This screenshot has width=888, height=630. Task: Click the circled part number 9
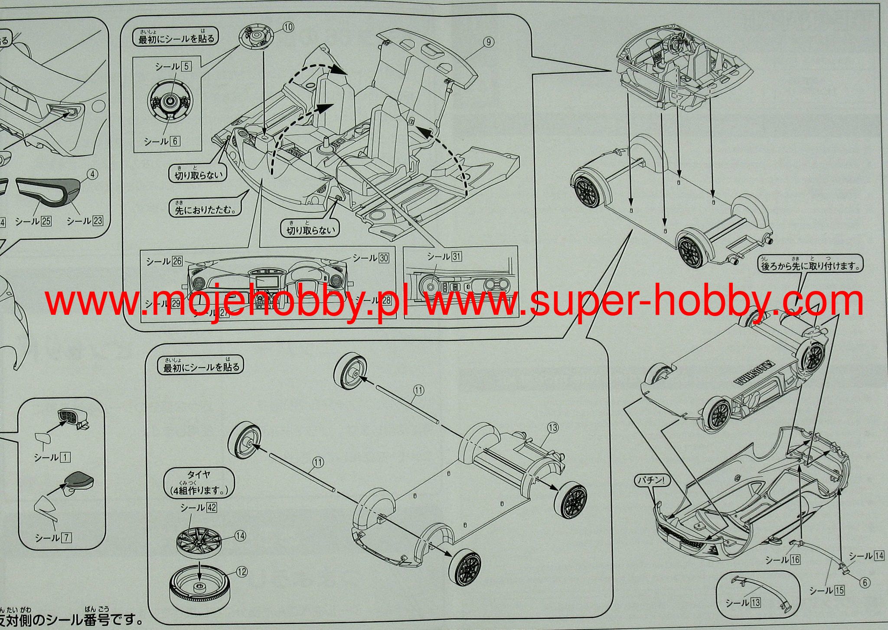pos(488,42)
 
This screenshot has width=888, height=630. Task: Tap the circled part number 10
pos(288,27)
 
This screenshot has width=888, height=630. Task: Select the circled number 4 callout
pos(92,174)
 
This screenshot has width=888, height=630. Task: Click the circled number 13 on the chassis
pos(553,428)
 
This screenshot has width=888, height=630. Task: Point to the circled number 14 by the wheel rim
pos(240,536)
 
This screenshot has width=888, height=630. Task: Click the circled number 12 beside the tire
pos(242,572)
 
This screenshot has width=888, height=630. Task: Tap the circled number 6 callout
pos(865,582)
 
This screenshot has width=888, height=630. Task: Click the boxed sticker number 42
pos(212,507)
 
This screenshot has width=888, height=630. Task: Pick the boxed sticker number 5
pos(186,66)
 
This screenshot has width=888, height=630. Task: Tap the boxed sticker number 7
pos(66,538)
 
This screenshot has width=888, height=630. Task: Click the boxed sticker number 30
pos(383,258)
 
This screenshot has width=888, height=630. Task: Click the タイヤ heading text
pos(199,475)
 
